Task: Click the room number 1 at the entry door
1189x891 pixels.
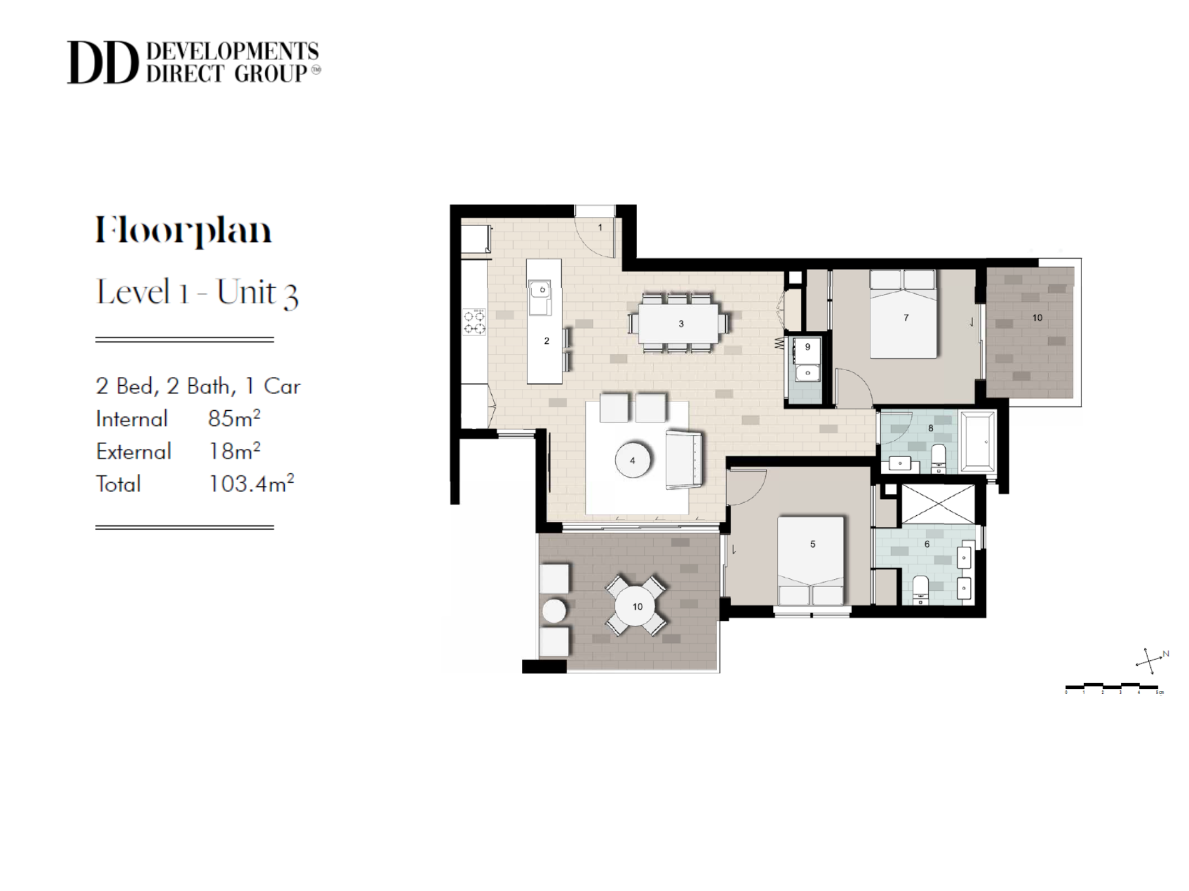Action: tap(600, 228)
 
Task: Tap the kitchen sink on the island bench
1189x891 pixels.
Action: tap(539, 291)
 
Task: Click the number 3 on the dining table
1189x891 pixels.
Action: tap(681, 324)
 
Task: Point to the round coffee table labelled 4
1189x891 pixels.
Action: tap(632, 461)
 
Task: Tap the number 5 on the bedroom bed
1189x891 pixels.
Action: tap(812, 544)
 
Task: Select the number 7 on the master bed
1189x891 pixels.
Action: tap(906, 318)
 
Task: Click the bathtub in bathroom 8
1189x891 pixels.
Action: tap(977, 441)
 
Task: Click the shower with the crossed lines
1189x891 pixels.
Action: tap(937, 504)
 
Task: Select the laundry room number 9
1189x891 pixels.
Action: tap(807, 347)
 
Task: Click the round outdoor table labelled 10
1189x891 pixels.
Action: tap(637, 607)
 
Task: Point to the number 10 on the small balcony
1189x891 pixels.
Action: tap(1037, 318)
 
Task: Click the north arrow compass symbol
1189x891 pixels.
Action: tap(1150, 661)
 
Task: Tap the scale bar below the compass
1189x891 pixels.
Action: tap(1114, 688)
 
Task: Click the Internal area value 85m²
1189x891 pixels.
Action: tap(233, 418)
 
